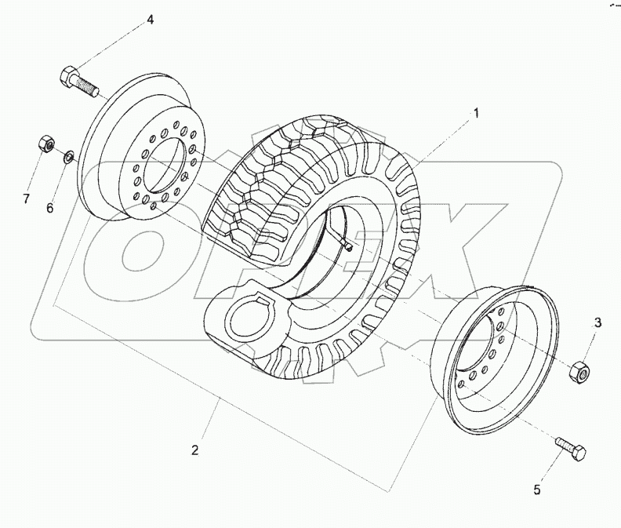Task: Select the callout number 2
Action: coord(195,450)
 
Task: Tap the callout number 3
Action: coord(597,322)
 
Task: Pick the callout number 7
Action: coord(26,199)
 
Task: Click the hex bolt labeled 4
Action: coord(76,80)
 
